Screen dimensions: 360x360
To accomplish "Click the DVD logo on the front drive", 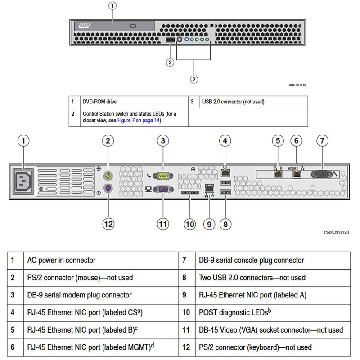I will [x=85, y=26].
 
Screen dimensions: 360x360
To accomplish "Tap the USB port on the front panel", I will [x=170, y=41].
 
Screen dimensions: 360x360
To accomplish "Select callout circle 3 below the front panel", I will [x=170, y=63].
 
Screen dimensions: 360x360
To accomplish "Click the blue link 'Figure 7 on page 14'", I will [x=138, y=120].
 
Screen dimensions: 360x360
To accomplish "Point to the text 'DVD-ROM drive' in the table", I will [x=99, y=102].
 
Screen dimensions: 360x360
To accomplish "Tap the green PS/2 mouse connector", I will [x=108, y=175].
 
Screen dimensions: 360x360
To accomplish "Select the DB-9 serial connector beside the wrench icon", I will [x=321, y=174].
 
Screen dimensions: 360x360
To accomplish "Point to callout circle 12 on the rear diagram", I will [x=108, y=224].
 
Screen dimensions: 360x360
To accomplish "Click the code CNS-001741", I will [x=336, y=233].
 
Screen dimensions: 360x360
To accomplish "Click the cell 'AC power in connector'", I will [x=61, y=260].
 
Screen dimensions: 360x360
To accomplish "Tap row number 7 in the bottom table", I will [x=184, y=260].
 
